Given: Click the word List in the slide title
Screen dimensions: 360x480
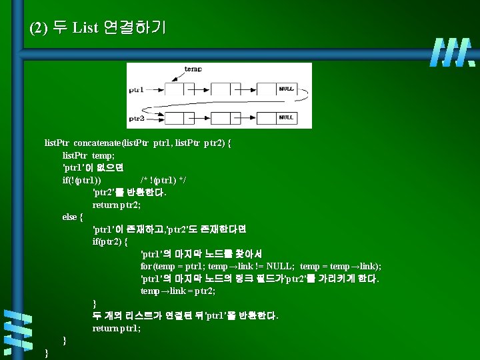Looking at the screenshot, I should pyautogui.click(x=85, y=28).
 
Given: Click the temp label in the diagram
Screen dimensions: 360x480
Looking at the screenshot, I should pyautogui.click(x=193, y=69).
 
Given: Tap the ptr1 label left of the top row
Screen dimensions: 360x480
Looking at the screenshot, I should pyautogui.click(x=136, y=89).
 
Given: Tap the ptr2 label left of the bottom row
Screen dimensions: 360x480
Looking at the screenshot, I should pyautogui.click(x=136, y=117).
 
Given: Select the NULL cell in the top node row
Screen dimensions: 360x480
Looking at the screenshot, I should pyautogui.click(x=285, y=89).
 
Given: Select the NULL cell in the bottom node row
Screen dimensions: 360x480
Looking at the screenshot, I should pyautogui.click(x=285, y=117).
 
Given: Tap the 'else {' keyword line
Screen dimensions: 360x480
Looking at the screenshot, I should pyautogui.click(x=73, y=217).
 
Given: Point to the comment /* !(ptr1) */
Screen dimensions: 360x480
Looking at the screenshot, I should pyautogui.click(x=164, y=180).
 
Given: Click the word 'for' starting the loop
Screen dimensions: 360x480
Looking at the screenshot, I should pyautogui.click(x=146, y=267).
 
